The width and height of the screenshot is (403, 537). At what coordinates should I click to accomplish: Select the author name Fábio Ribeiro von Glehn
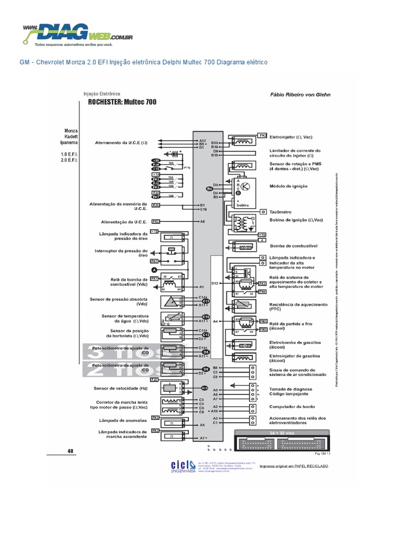coord(300,95)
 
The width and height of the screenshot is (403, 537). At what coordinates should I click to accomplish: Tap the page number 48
coord(71,450)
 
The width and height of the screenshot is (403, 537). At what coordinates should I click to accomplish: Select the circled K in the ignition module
coord(249,187)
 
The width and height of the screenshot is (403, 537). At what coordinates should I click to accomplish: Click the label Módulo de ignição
coord(288,186)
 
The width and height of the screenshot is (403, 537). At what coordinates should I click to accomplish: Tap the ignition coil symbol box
coord(242,223)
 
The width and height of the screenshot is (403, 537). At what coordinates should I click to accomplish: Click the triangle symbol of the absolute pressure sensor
coord(170,302)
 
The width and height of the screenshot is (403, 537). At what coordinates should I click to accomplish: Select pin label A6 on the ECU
coord(202,221)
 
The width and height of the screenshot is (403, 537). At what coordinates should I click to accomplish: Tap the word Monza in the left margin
coord(71,131)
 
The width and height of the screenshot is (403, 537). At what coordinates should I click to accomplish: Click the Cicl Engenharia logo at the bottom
coord(183,467)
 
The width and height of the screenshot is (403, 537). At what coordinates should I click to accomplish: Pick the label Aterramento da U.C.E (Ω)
coord(121,143)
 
